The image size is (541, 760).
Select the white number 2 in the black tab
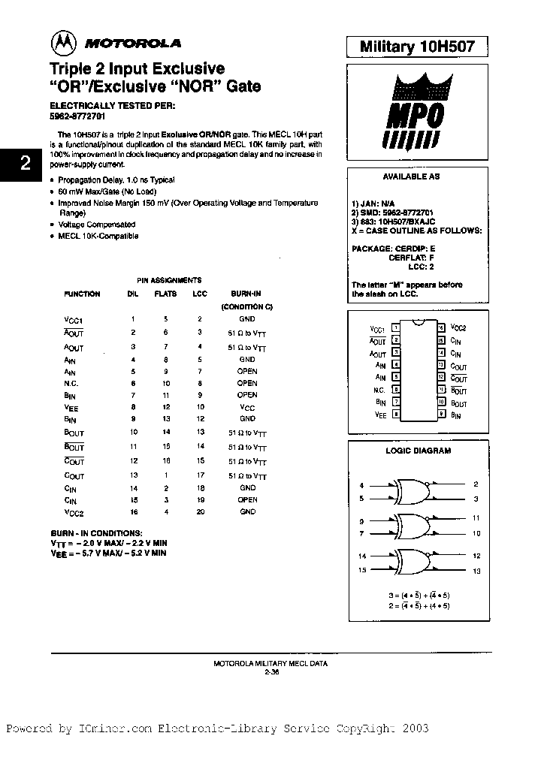pyautogui.click(x=25, y=163)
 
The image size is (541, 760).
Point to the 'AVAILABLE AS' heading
pyautogui.click(x=411, y=177)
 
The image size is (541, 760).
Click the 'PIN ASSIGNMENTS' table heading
pyautogui.click(x=168, y=279)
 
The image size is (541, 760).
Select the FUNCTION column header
pyautogui.click(x=82, y=294)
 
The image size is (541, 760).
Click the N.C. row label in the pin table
pyautogui.click(x=71, y=383)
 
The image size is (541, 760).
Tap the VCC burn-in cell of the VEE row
pyautogui.click(x=247, y=406)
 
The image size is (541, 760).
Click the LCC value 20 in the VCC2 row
pyautogui.click(x=200, y=511)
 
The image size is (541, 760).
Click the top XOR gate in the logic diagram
pyautogui.click(x=407, y=491)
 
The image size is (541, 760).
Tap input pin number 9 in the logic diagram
pyautogui.click(x=361, y=520)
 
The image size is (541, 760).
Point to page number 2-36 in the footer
pyautogui.click(x=270, y=671)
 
